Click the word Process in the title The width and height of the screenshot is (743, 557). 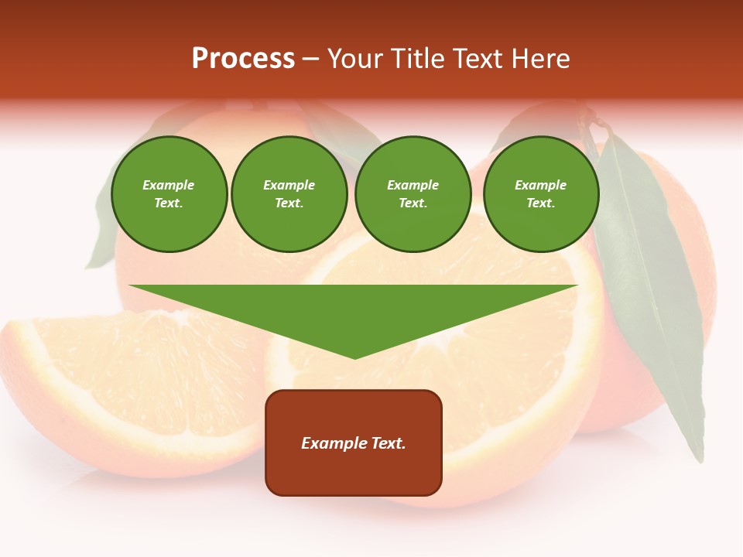[243, 59]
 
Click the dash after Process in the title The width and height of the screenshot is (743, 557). [311, 60]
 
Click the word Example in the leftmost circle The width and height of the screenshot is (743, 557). [169, 185]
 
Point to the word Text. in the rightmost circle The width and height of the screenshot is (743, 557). [541, 203]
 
